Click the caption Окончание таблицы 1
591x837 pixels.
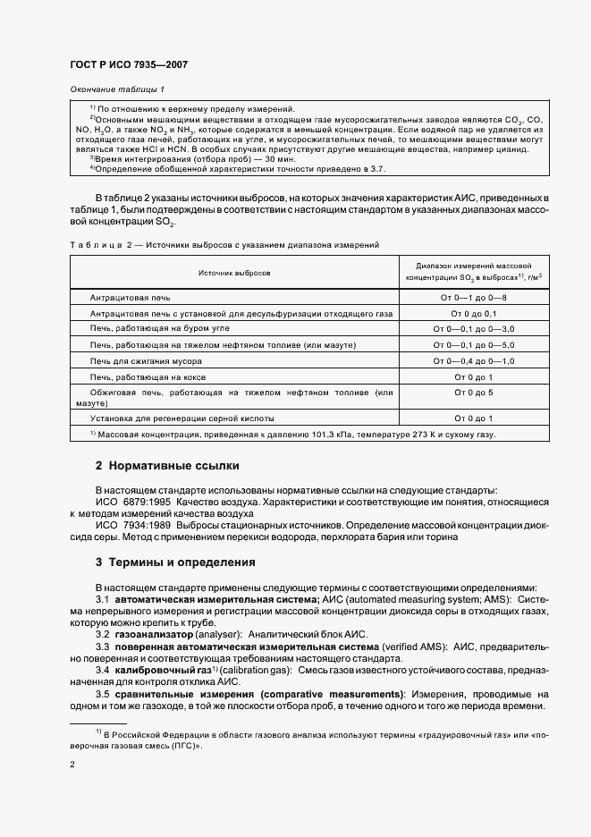(117, 89)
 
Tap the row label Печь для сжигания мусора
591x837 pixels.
(146, 361)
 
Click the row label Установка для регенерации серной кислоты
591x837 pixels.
(182, 418)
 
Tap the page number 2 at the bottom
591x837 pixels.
(73, 765)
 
